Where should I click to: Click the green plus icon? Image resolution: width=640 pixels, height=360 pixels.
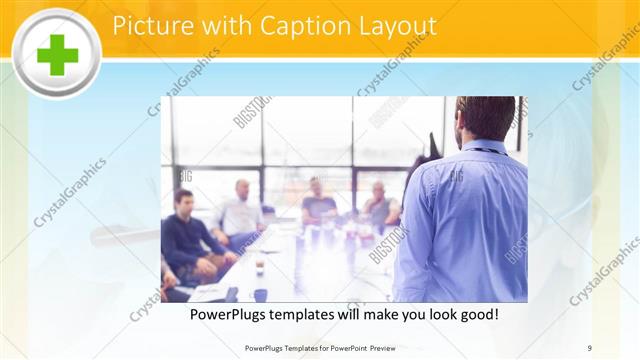tap(56, 53)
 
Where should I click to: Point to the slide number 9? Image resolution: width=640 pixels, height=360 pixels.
tap(590, 348)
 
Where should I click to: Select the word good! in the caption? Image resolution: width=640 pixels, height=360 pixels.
tap(477, 315)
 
